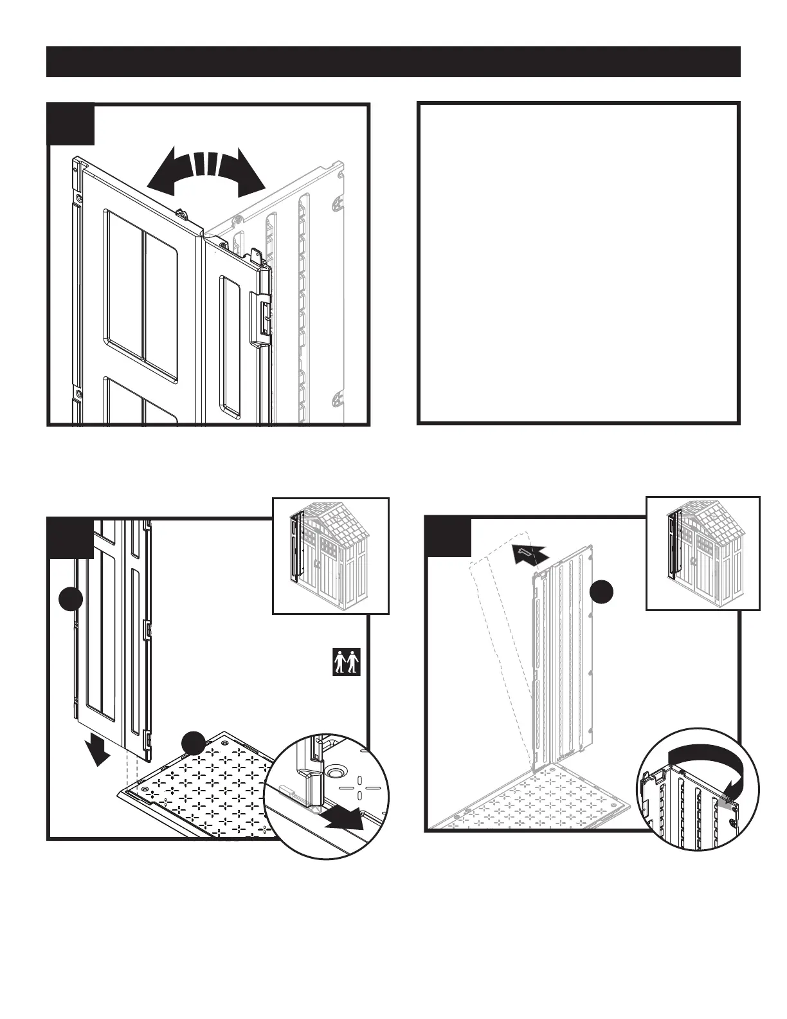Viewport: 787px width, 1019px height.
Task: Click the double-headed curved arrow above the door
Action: click(x=206, y=170)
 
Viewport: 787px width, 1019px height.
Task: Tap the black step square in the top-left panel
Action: click(x=71, y=124)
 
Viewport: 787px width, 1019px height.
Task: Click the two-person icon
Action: click(x=347, y=662)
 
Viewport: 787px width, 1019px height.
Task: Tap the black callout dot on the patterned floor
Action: click(x=193, y=743)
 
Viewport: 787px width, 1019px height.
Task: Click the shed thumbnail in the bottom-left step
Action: click(x=330, y=556)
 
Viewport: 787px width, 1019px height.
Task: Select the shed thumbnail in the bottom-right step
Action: click(x=702, y=553)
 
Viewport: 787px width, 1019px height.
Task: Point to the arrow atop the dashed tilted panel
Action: click(x=531, y=553)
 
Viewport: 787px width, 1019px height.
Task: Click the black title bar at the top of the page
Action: click(x=394, y=62)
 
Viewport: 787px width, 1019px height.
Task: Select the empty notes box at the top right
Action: click(x=579, y=262)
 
